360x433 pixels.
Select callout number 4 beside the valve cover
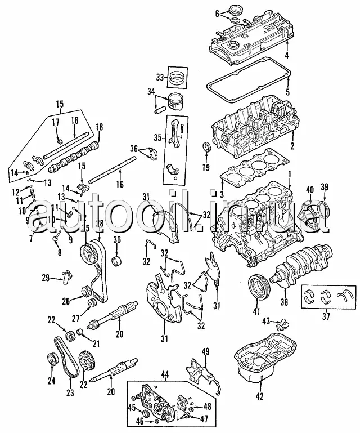point(286,55)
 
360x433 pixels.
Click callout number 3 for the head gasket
point(222,194)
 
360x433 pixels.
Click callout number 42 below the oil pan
point(259,396)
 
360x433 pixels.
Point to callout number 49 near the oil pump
point(206,352)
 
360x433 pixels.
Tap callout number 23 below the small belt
point(70,393)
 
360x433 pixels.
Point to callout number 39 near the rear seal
point(324,188)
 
